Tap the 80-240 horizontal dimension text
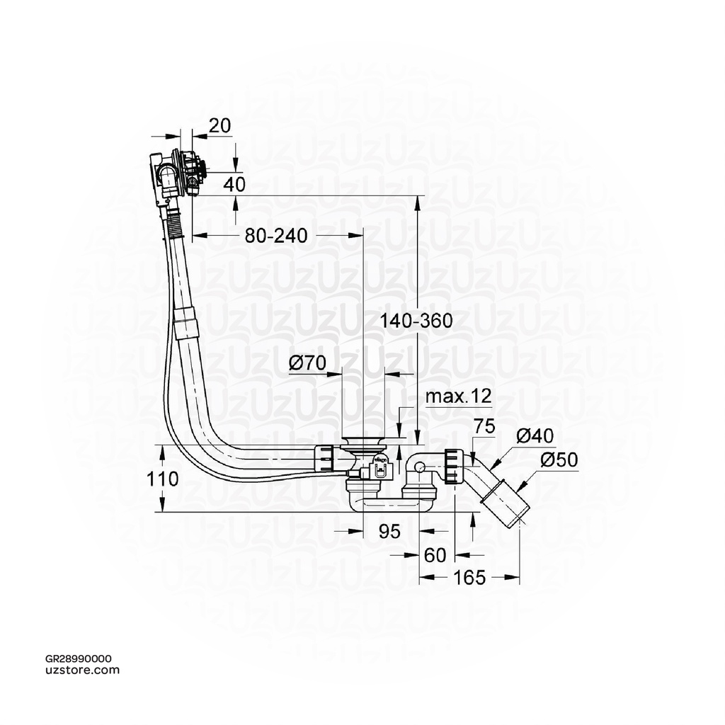click(276, 236)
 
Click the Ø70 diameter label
click(307, 364)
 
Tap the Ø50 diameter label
click(559, 459)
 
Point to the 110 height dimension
click(164, 479)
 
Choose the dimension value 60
click(435, 556)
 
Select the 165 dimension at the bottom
click(469, 578)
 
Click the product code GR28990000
click(77, 658)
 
